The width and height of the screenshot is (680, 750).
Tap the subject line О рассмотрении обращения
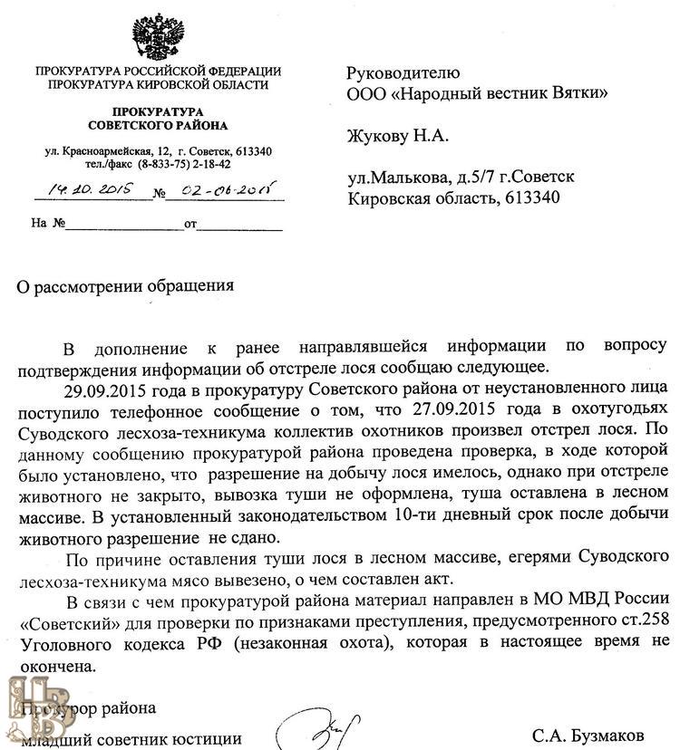coord(127,286)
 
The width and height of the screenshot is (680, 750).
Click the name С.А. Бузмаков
coord(589,736)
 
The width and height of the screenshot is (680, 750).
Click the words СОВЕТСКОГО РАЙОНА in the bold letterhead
coord(158,124)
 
